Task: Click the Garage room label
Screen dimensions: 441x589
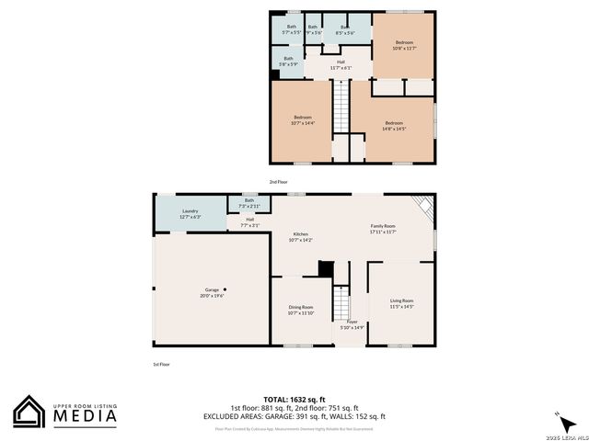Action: [212, 293]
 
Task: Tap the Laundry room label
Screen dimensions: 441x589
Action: [191, 214]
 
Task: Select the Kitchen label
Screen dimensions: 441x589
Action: [301, 237]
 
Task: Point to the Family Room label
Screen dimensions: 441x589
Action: [383, 229]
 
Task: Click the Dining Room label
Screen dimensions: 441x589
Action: [300, 311]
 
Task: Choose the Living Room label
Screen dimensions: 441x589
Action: [401, 303]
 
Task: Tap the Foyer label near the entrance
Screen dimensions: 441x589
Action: [352, 324]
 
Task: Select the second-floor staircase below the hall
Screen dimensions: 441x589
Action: [341, 106]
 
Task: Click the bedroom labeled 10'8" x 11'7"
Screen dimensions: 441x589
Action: [404, 45]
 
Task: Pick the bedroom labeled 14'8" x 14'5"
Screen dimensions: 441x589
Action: [394, 125]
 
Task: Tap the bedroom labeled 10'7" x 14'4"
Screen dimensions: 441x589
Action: [302, 119]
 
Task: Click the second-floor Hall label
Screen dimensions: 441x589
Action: [341, 64]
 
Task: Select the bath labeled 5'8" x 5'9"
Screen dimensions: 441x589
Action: [288, 61]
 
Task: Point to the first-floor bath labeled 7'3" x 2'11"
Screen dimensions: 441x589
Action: [248, 203]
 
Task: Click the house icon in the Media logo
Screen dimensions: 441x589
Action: [29, 412]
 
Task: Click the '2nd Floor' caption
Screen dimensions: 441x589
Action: [278, 182]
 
